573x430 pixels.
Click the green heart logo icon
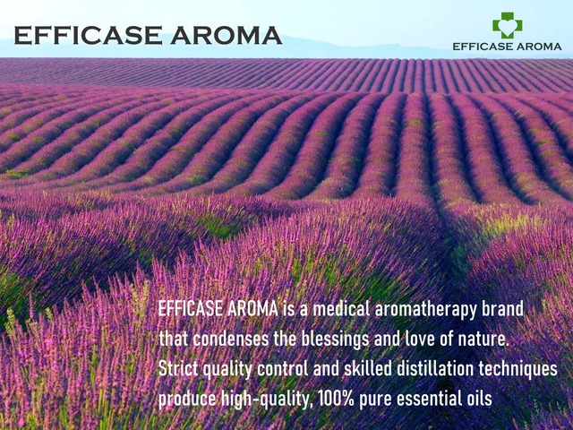(507, 24)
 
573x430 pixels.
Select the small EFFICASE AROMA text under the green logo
(507, 46)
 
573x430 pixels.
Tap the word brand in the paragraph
(502, 309)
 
